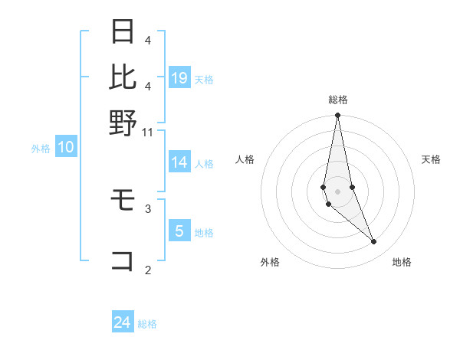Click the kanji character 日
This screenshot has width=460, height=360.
[x=123, y=32]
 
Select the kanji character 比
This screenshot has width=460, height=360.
[x=123, y=77]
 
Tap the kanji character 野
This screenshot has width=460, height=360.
[x=123, y=122]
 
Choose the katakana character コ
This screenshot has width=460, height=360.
[x=123, y=262]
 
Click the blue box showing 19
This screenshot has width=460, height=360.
[x=179, y=77]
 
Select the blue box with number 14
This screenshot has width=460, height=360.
[x=179, y=162]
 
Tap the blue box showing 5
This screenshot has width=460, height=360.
[x=179, y=231]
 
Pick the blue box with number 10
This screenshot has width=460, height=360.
[x=66, y=148]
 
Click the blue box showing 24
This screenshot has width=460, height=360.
[x=123, y=322]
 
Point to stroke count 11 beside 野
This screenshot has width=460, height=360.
[x=148, y=132]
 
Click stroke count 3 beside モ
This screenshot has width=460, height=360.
[x=148, y=208]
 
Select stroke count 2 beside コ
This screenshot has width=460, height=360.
[x=148, y=269]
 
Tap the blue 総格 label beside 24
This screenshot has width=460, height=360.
[x=147, y=324]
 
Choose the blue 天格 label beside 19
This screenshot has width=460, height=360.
[x=204, y=80]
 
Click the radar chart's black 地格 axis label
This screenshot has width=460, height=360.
[x=402, y=263]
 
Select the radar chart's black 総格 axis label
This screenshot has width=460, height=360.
[x=338, y=100]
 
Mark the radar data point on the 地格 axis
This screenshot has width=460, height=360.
[x=374, y=242]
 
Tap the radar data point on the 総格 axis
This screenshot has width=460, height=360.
[x=337, y=116]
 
